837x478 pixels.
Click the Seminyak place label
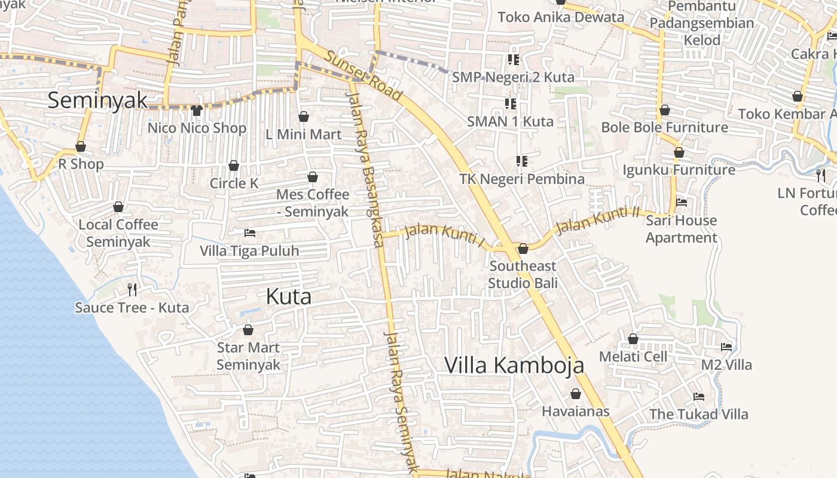pos(97,100)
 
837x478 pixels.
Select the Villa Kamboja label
pos(514,365)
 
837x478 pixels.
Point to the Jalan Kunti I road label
pos(444,235)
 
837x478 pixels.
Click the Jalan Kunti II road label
pos(598,220)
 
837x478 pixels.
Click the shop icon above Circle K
pos(234,166)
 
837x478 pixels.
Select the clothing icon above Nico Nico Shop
pos(197,110)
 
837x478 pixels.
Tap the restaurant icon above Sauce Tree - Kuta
pos(132,290)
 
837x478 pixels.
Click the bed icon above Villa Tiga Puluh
pos(249,233)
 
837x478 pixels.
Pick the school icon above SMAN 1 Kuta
pos(510,104)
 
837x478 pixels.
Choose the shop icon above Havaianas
pos(575,394)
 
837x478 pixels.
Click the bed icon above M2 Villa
pos(726,347)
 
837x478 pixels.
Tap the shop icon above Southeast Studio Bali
pos(523,249)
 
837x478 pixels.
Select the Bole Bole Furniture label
pos(664,128)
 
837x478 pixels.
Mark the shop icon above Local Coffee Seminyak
pos(118,207)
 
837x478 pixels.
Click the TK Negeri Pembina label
pos(522,179)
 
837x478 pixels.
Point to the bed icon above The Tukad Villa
pos(698,397)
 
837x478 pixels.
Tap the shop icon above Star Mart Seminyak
pos(248,330)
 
